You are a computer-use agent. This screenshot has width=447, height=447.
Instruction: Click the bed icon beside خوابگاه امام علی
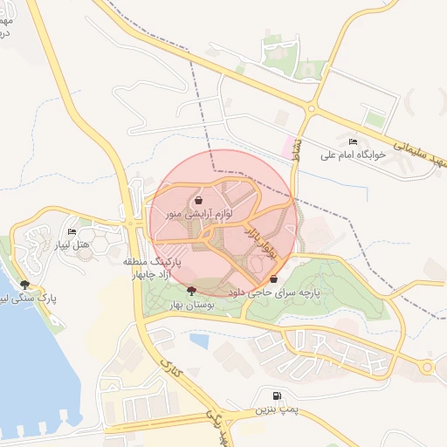[x=353, y=141]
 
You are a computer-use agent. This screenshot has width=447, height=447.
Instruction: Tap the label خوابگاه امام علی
[x=353, y=155]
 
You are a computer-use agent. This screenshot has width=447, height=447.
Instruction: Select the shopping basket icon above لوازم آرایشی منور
[x=201, y=199]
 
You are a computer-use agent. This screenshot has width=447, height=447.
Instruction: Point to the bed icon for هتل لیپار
[x=72, y=231]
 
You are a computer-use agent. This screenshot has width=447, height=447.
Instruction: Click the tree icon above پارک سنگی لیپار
[x=25, y=285]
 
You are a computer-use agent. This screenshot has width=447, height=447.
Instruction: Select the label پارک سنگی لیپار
[x=27, y=298]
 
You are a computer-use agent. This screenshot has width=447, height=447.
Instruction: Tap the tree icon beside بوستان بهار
[x=192, y=288]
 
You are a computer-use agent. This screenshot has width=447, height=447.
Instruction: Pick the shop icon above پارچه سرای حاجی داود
[x=275, y=279]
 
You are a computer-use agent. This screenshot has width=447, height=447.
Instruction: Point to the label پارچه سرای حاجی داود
[x=274, y=293]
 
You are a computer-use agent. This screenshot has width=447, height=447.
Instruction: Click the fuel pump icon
[x=278, y=395]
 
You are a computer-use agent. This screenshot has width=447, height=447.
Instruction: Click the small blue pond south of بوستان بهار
[x=198, y=341]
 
